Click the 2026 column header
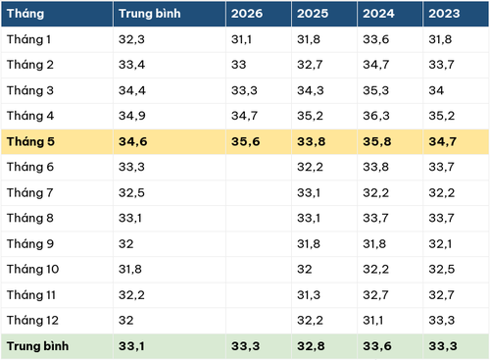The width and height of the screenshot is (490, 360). click(247, 14)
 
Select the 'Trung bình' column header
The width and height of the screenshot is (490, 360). click(149, 14)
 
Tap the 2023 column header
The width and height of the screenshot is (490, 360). click(444, 14)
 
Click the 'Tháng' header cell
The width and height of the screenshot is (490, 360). click(25, 14)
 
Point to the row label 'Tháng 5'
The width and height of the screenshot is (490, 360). click(30, 141)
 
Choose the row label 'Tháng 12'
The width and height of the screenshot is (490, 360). click(32, 321)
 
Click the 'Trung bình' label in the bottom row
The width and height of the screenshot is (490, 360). click(37, 346)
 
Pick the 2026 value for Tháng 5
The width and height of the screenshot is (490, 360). click(245, 141)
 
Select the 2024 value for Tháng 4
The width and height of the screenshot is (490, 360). click(376, 116)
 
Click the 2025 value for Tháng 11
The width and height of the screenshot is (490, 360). click(309, 295)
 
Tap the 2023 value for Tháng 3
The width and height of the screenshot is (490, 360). click(436, 90)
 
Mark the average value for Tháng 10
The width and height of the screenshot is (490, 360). click(130, 269)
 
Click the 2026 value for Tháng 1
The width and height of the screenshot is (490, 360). click(241, 39)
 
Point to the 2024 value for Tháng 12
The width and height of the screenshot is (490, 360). click(372, 321)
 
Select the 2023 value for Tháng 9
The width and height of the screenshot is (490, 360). click(440, 244)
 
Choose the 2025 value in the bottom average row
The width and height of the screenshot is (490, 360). click(311, 346)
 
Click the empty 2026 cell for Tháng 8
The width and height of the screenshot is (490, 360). click(259, 218)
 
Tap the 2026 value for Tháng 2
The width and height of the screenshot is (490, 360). click(238, 65)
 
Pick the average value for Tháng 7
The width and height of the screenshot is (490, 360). click(131, 192)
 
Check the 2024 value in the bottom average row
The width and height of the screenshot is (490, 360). click(377, 346)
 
